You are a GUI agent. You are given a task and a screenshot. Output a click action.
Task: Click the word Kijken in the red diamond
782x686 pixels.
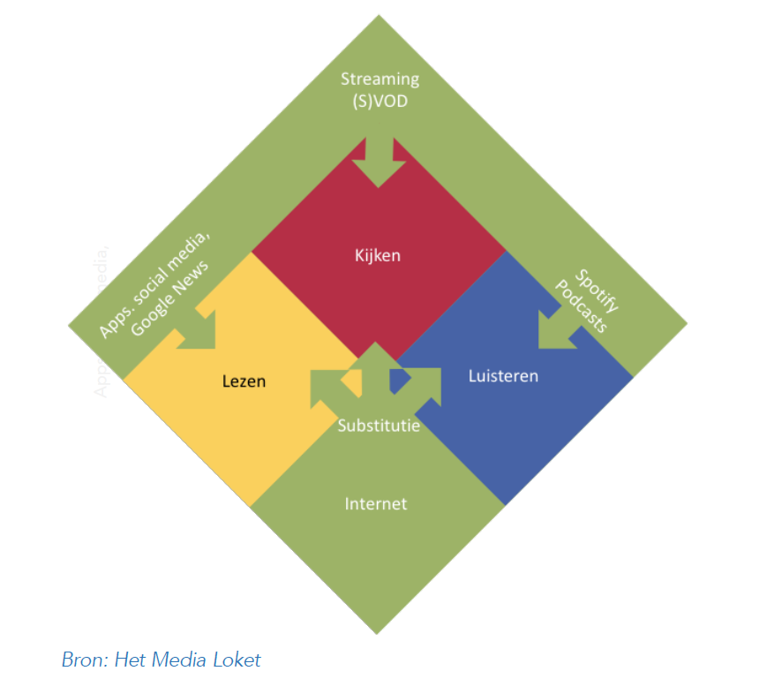tap(379, 256)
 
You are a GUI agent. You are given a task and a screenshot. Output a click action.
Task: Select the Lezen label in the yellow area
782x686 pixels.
tap(244, 382)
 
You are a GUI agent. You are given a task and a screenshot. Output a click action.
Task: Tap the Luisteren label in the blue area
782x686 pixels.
tap(503, 376)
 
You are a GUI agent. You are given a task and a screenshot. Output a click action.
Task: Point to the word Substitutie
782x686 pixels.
tap(379, 426)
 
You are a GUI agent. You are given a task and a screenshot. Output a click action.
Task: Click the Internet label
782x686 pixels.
tap(376, 504)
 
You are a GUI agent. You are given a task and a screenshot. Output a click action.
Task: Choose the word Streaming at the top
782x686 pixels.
tap(380, 79)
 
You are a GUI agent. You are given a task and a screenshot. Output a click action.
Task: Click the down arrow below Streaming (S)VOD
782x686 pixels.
tap(380, 159)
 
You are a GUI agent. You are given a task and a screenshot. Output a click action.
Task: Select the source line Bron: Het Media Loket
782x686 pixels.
tap(162, 659)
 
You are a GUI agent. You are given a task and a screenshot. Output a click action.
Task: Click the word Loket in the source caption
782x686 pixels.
tap(239, 659)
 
